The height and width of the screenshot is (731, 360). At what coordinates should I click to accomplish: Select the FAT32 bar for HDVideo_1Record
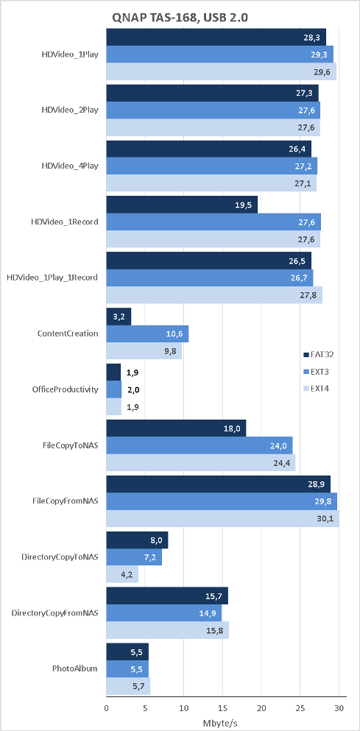click(182, 205)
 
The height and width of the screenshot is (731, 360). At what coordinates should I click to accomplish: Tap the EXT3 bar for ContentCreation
click(147, 333)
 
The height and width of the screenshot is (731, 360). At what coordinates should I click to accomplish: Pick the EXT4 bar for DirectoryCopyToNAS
click(123, 574)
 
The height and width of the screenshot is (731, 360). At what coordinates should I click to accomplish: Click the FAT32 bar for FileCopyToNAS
click(176, 428)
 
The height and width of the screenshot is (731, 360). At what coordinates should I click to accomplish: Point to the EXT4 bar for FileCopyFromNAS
click(223, 518)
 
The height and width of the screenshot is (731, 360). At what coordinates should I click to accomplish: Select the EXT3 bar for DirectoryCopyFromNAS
click(164, 613)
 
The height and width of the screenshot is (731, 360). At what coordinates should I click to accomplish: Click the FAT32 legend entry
click(318, 354)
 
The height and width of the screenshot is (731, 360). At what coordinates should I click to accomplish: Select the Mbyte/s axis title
click(220, 723)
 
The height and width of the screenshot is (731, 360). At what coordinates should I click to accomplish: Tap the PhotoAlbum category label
click(74, 668)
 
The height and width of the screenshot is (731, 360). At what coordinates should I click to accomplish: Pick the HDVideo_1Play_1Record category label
click(52, 278)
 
